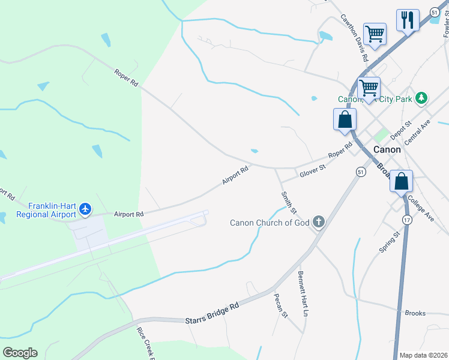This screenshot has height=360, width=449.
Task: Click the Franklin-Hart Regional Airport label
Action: [x=46, y=209]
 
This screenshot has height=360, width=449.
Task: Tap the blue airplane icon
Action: [x=86, y=209]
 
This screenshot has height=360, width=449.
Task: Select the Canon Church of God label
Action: [x=270, y=223]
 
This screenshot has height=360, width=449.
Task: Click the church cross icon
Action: [x=318, y=223]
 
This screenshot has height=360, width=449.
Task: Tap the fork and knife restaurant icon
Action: [x=408, y=20]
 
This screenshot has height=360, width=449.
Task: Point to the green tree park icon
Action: [x=422, y=98]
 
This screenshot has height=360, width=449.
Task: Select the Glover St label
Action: [x=312, y=172]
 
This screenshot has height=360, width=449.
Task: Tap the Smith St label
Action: [x=289, y=202]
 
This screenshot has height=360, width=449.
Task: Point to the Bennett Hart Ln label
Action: [x=303, y=294]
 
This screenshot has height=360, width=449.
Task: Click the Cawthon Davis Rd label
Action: [x=354, y=38]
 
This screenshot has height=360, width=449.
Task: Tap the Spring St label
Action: [x=389, y=242]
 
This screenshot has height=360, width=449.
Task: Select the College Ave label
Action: [x=420, y=208]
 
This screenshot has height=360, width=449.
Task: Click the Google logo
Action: [x=20, y=353]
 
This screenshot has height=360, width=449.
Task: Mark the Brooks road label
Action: [x=415, y=313]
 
